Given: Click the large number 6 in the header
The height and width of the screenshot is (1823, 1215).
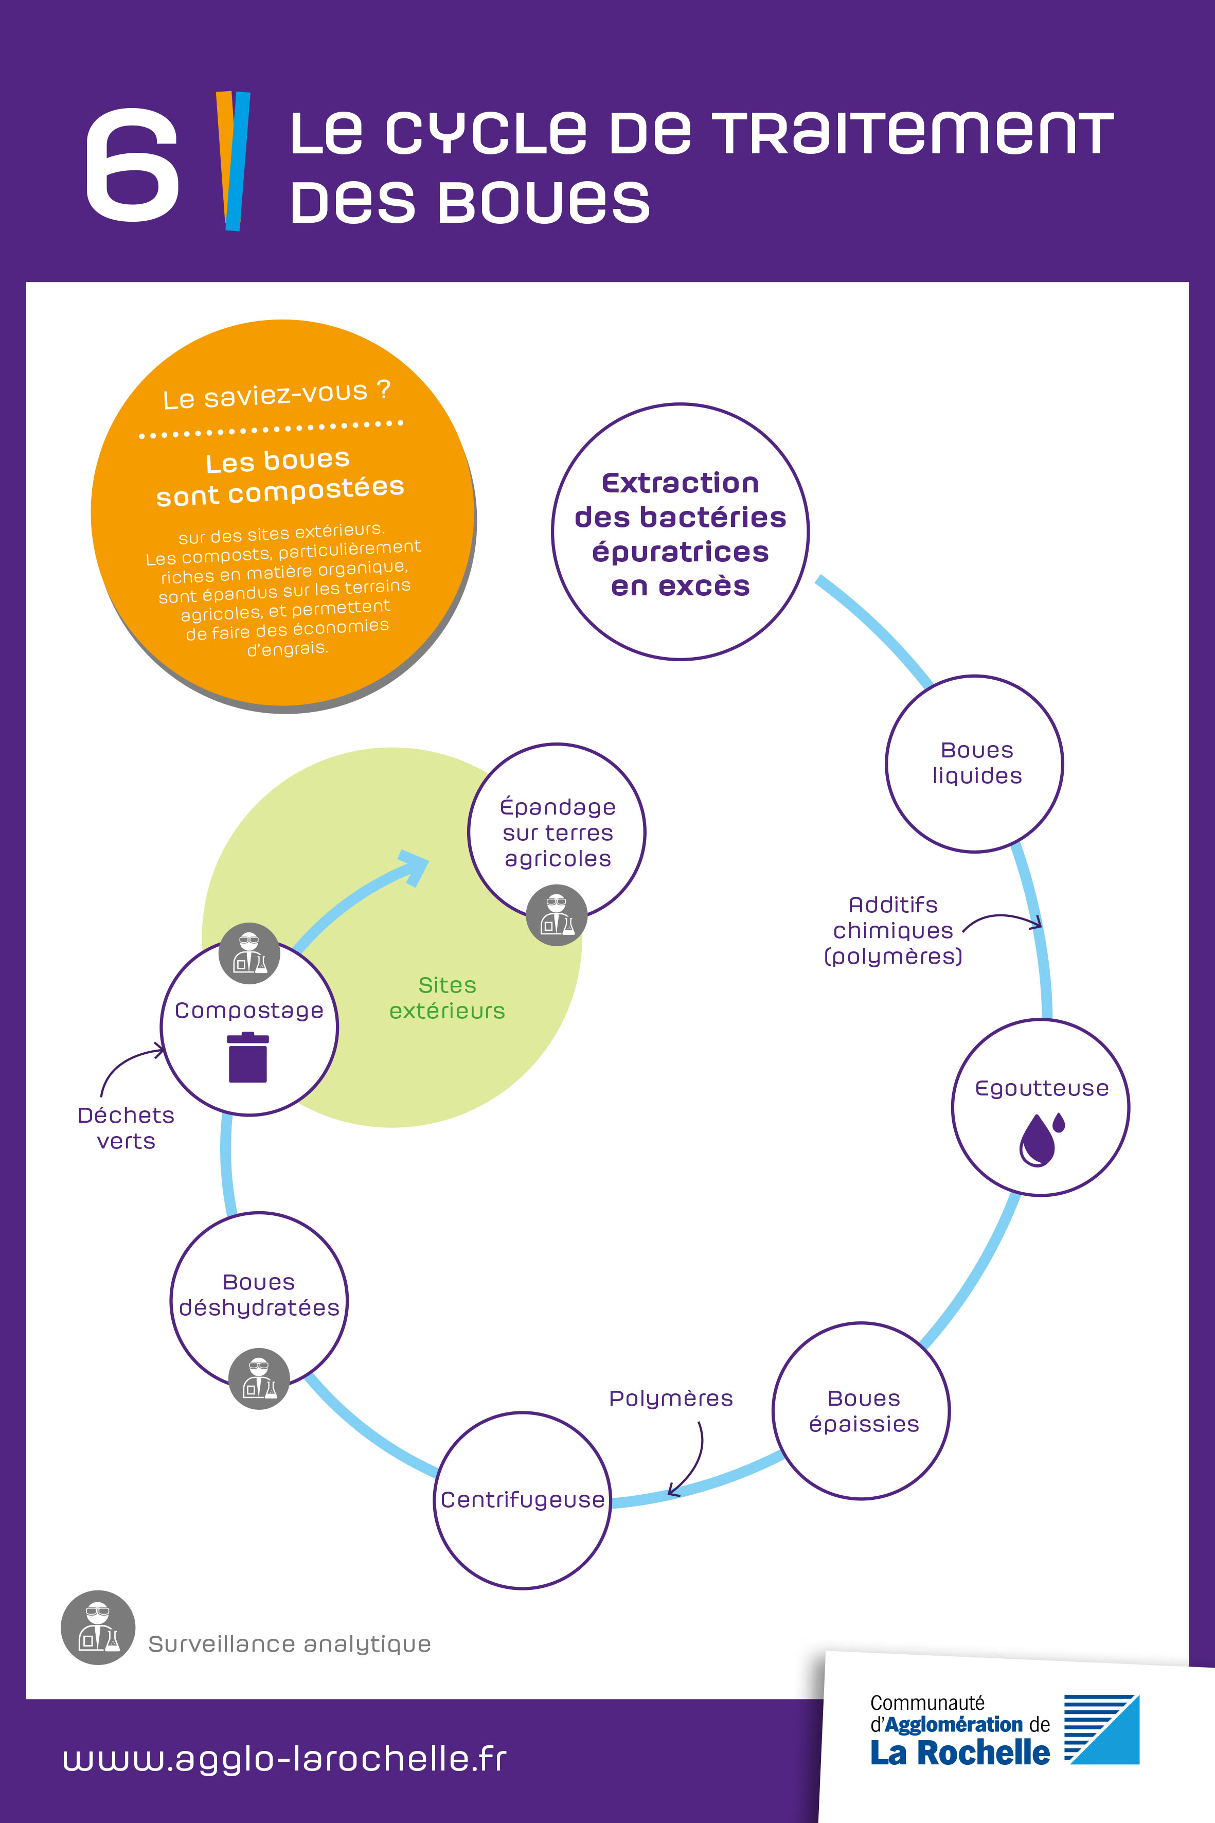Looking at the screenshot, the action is tap(132, 164).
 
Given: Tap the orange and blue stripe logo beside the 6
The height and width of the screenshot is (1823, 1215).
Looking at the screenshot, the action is tap(233, 161).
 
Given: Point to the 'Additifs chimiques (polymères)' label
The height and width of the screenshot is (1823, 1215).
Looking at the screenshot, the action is tap(892, 930).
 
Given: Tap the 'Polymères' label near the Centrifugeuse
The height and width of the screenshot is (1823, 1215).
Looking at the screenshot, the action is tap(671, 1399).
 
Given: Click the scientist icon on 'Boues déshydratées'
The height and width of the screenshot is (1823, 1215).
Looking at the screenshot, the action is tap(259, 1379).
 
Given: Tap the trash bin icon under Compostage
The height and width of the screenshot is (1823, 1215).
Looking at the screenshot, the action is tap(248, 1057).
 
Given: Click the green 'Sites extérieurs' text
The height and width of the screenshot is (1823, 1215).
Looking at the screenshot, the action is tap(447, 998).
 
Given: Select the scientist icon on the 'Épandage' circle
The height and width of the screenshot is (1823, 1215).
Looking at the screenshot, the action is tap(557, 915).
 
